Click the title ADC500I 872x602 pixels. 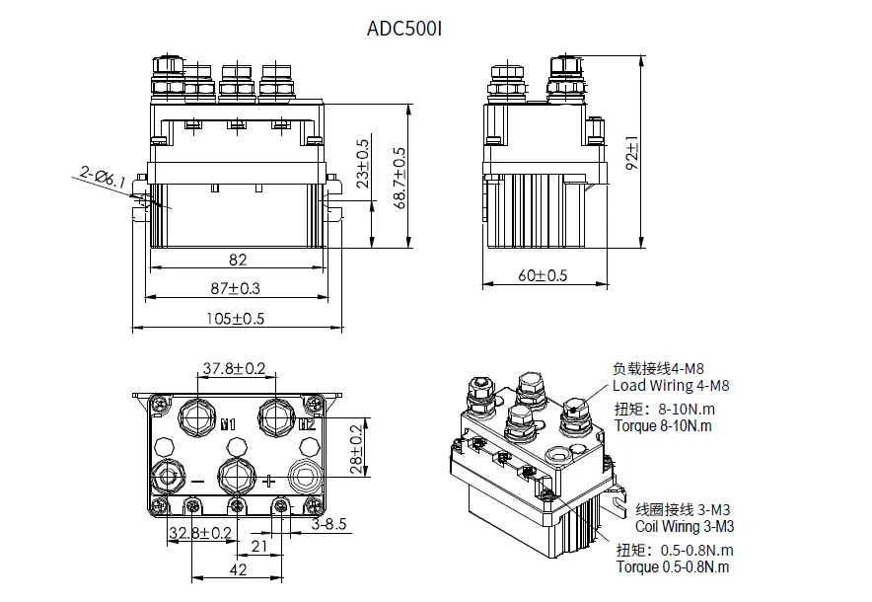tap(403, 28)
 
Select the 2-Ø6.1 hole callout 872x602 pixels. tap(103, 179)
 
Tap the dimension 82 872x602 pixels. tap(238, 260)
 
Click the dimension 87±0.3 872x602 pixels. tap(238, 288)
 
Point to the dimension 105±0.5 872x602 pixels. tap(237, 318)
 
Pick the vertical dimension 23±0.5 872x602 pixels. tap(363, 164)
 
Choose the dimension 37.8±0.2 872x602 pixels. tap(234, 369)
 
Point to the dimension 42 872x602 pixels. tap(238, 569)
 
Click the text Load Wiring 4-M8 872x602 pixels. tap(671, 386)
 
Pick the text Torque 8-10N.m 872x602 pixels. tap(663, 426)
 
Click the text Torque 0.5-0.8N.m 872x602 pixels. tap(673, 567)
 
